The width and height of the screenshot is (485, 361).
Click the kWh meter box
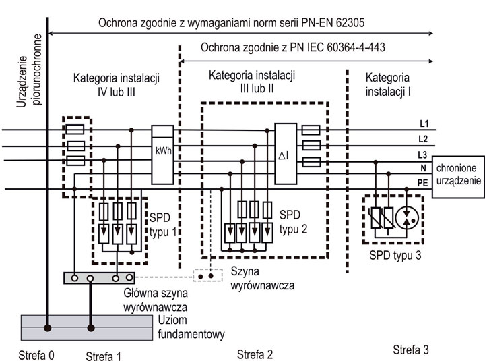(x=162, y=155)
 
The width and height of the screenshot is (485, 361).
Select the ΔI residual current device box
(x=285, y=155)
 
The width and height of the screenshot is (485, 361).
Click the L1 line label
(x=423, y=123)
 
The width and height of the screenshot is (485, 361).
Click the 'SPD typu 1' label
(x=162, y=227)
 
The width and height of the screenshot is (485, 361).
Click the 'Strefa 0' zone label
(x=31, y=352)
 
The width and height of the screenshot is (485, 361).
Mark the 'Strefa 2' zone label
(x=255, y=354)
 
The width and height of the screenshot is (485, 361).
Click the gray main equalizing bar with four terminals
(x=98, y=277)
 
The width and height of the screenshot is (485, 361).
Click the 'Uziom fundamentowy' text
(x=192, y=328)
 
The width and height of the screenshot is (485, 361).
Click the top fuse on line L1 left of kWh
(x=76, y=130)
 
